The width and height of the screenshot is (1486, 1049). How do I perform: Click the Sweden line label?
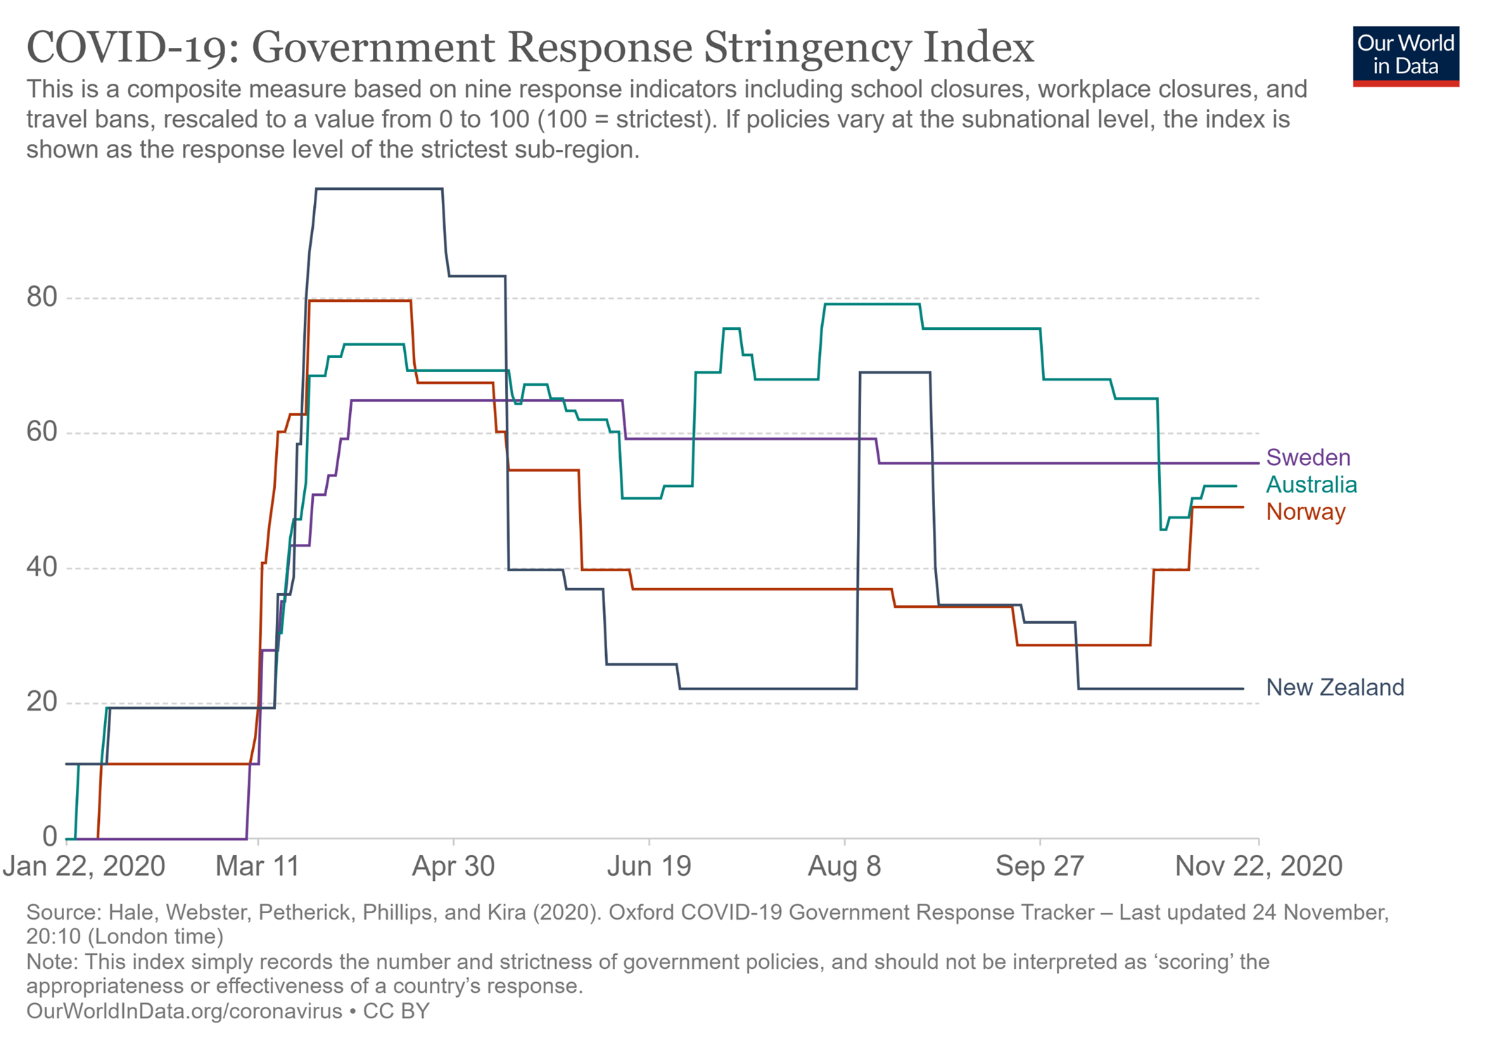1307,457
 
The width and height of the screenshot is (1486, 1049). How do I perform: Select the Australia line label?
1311,485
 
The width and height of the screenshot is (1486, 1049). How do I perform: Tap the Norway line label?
1305,511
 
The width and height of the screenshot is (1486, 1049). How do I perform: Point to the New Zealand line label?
1334,687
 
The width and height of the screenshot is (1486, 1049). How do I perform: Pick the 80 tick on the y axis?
42,298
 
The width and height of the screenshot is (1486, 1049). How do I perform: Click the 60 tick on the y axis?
42,432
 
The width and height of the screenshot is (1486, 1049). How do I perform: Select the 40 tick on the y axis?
42,567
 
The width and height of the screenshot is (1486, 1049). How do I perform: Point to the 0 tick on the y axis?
49,837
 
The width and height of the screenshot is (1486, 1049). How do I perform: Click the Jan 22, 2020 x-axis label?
84,866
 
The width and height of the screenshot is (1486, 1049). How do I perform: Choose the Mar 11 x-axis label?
258,866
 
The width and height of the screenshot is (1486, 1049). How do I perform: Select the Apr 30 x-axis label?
453,866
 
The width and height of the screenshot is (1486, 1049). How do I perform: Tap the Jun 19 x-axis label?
649,866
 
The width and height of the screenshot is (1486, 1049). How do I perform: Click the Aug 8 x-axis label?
844,866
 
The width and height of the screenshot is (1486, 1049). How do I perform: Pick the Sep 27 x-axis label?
1039,866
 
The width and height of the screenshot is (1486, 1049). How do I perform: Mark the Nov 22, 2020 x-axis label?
1258,866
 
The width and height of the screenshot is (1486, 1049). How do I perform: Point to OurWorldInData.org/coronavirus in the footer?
184,1011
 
